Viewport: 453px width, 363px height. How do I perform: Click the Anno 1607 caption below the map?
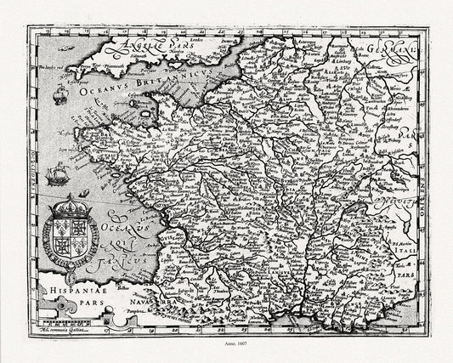click(x=227, y=344)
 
